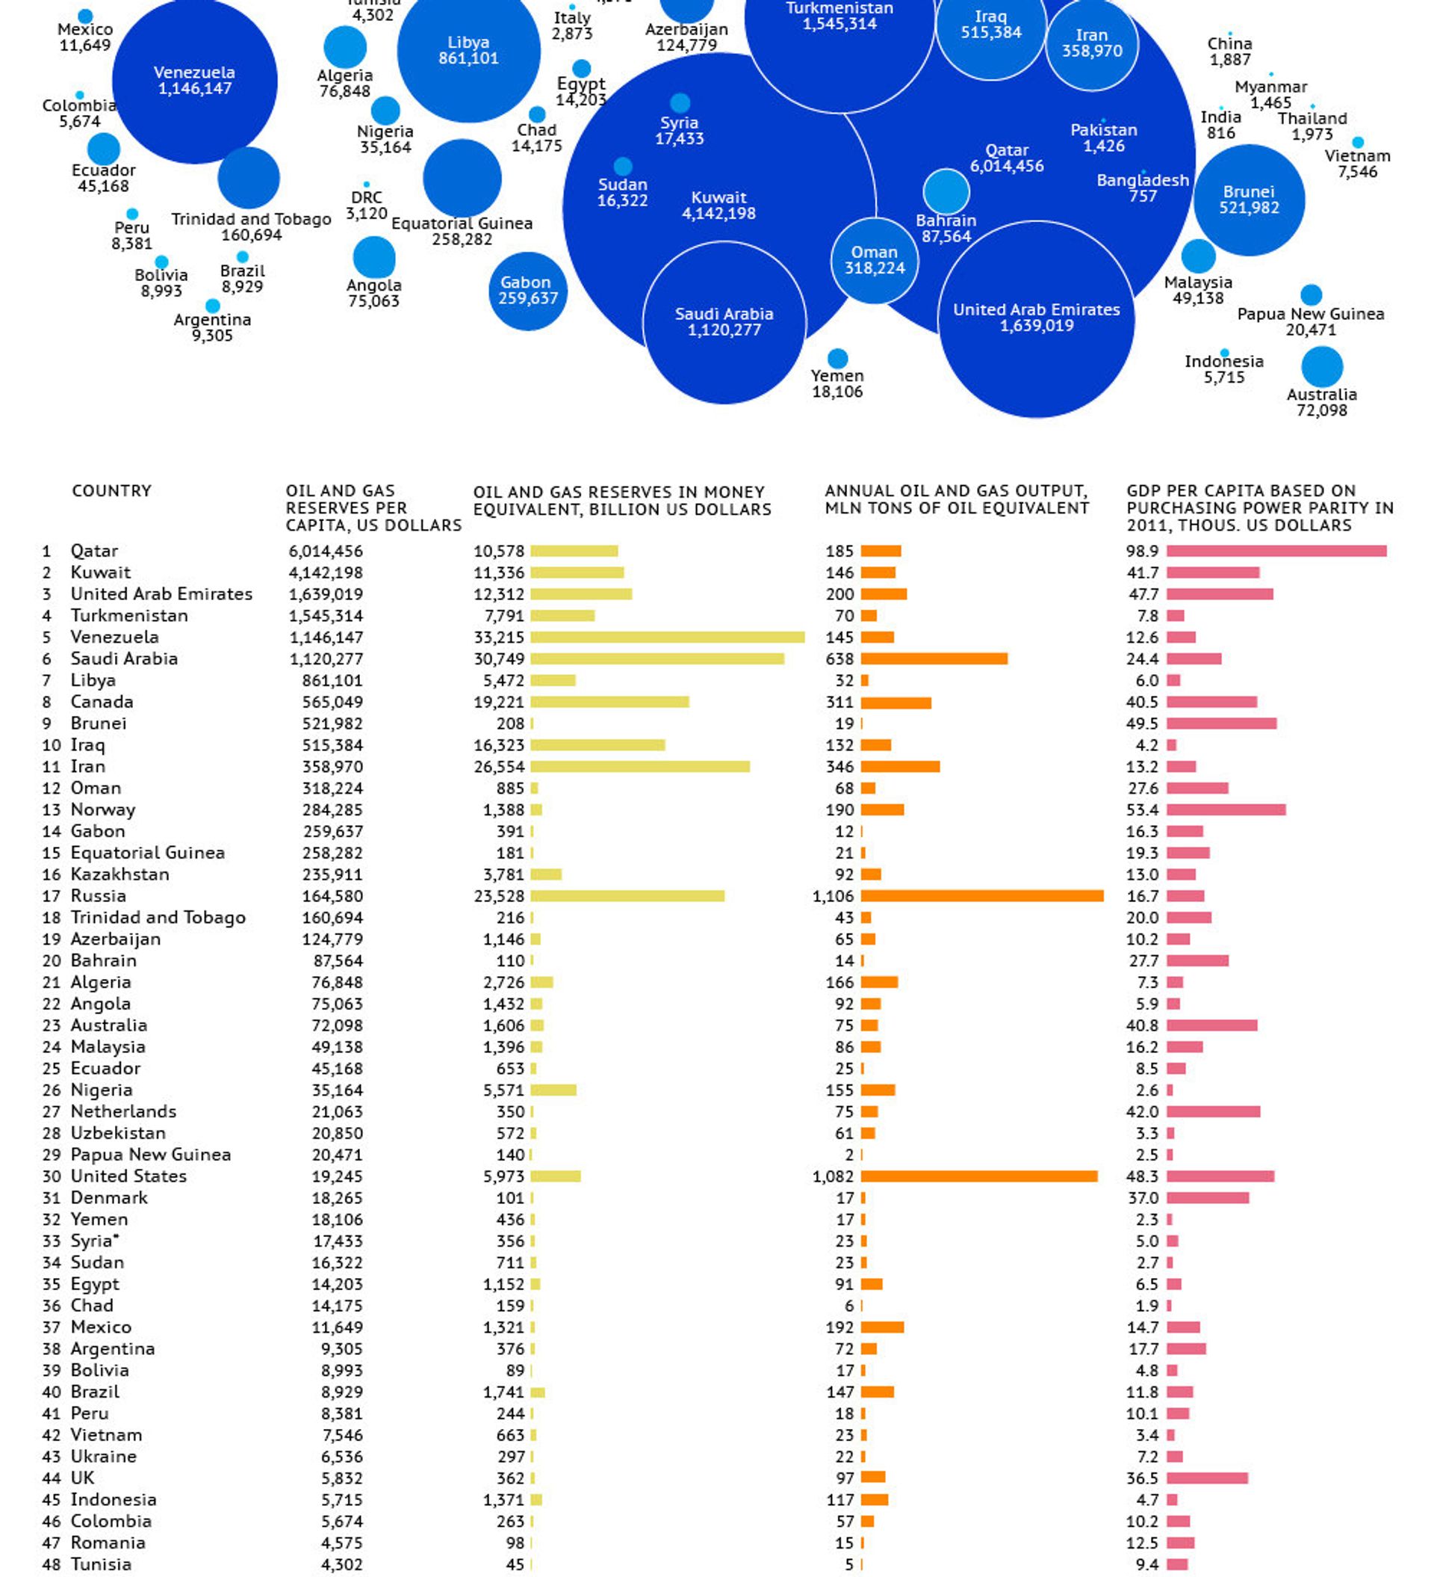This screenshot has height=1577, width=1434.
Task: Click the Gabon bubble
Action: (x=528, y=291)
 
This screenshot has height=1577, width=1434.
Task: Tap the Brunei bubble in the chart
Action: (x=1249, y=200)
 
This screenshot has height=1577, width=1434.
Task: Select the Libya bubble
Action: (x=468, y=51)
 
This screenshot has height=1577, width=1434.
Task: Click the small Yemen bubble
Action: (x=837, y=358)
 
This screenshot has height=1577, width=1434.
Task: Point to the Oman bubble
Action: (x=874, y=261)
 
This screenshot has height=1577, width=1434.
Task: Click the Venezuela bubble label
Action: (x=195, y=81)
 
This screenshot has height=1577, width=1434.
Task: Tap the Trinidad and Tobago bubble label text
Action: (x=251, y=227)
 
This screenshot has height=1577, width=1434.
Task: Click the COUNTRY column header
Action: (x=112, y=490)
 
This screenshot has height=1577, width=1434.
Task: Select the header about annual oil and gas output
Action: (x=956, y=499)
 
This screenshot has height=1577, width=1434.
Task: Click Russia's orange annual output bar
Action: (x=982, y=895)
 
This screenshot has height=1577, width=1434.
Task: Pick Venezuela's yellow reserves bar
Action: (x=668, y=637)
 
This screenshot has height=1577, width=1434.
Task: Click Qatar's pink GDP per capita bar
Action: (x=1277, y=551)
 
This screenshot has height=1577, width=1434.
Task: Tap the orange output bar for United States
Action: (x=979, y=1176)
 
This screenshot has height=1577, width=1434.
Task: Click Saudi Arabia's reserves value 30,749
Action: (x=499, y=658)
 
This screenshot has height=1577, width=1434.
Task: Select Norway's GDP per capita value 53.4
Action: (x=1143, y=809)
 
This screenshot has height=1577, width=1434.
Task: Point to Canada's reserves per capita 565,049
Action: (x=332, y=702)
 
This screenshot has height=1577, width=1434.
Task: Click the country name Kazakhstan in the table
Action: (x=119, y=874)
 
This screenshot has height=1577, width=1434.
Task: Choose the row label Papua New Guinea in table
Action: (x=151, y=1155)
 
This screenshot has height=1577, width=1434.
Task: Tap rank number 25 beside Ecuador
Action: (x=51, y=1069)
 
